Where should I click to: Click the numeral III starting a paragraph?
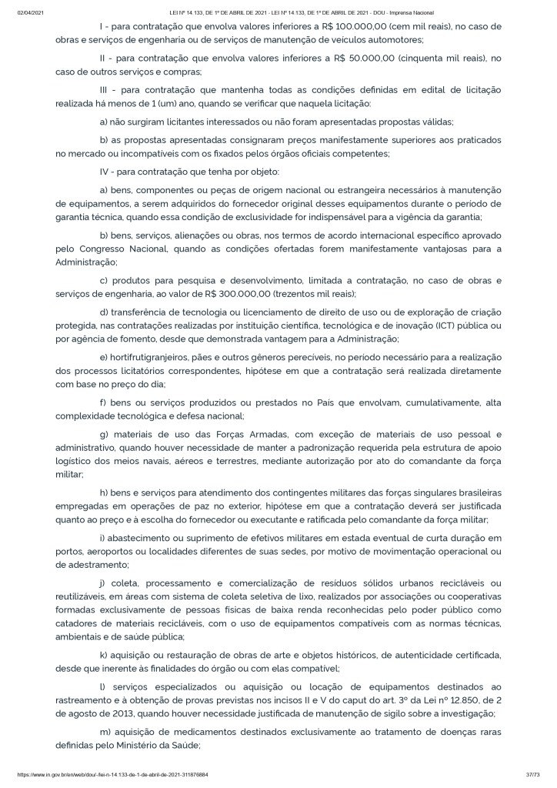click(107, 90)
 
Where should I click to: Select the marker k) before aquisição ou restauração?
click(105, 655)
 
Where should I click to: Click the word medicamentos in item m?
click(193, 732)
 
